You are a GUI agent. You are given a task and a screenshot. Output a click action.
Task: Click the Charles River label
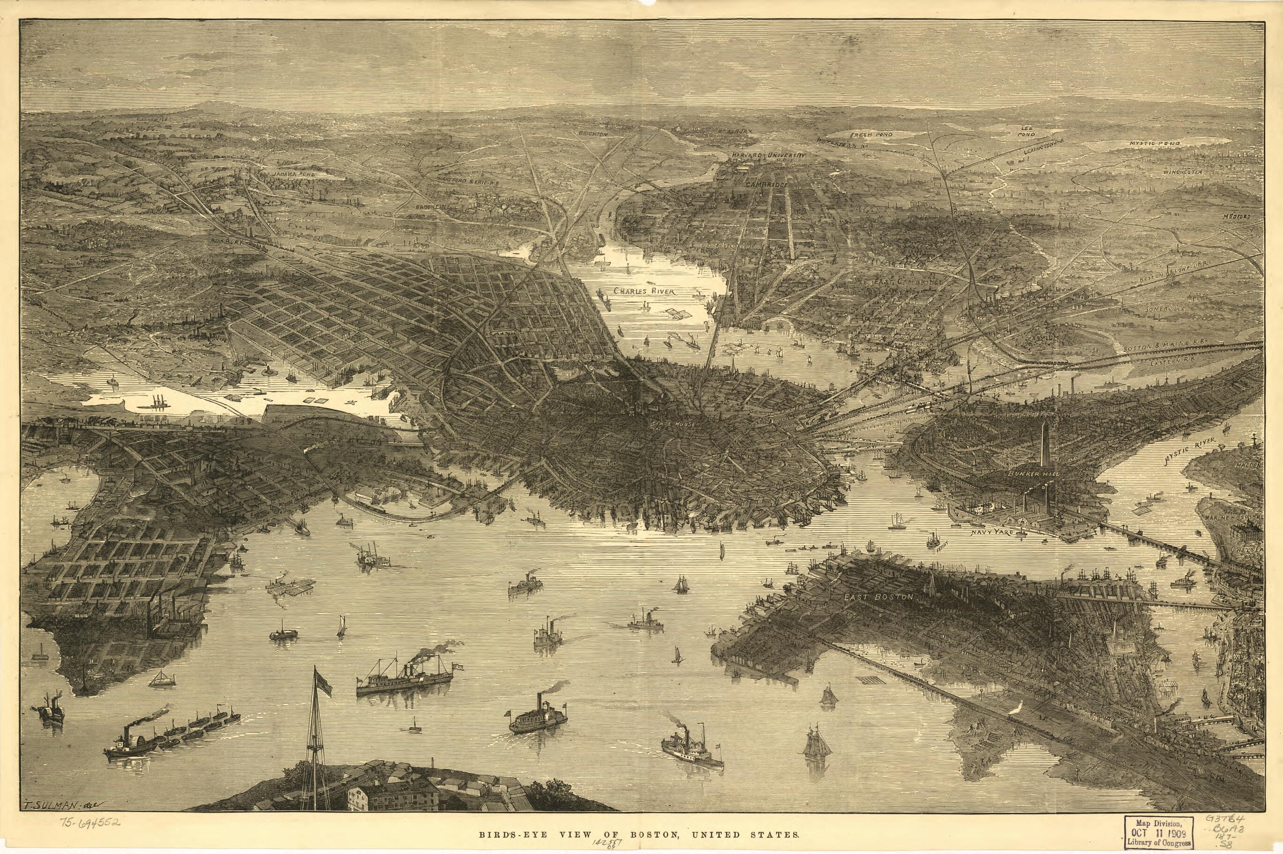pyautogui.click(x=644, y=291)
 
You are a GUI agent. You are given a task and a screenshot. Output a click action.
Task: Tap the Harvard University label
pyautogui.click(x=768, y=155)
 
